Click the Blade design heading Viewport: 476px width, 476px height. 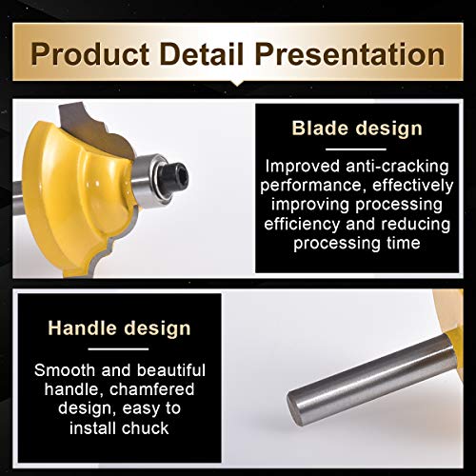[358, 128]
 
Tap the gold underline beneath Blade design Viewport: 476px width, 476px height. [358, 149]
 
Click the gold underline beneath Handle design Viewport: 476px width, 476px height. [119, 349]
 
